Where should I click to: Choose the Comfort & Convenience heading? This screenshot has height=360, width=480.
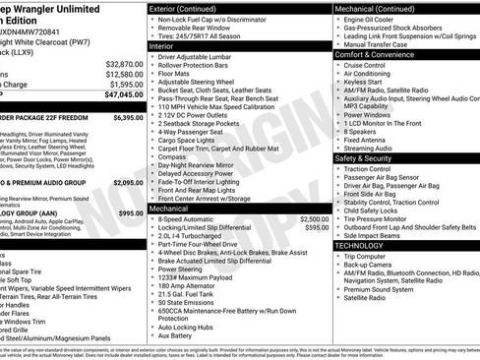point(378,55)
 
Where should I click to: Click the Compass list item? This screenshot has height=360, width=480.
point(173,155)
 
